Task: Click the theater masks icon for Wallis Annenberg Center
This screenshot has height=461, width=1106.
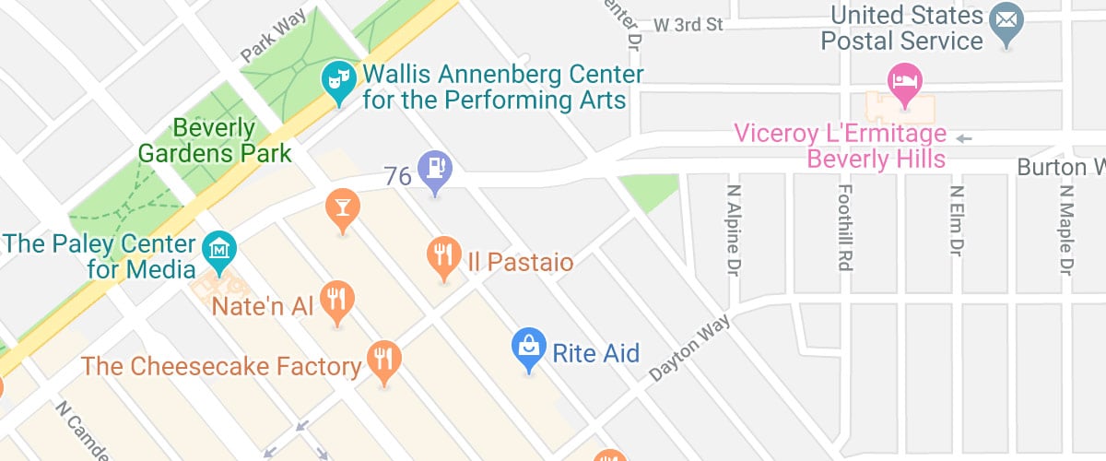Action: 338,79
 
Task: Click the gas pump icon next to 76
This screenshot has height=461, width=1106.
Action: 434,168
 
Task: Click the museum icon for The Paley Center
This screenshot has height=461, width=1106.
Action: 219,248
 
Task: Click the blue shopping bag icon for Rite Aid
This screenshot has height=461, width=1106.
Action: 528,347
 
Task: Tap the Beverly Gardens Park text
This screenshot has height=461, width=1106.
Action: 214,140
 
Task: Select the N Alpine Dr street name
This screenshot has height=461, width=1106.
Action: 735,231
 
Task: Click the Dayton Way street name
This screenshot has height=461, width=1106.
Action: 689,349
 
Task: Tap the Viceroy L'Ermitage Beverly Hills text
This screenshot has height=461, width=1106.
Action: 839,146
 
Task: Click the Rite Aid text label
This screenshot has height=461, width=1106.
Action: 595,352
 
